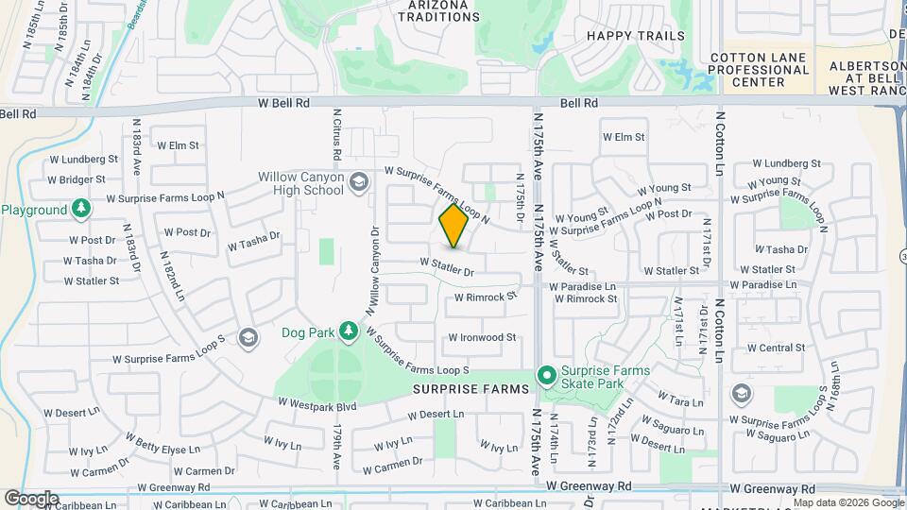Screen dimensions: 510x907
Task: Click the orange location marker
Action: coord(453,226)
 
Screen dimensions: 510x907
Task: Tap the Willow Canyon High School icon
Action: coord(358,181)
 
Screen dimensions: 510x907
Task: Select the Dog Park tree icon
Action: coord(349,331)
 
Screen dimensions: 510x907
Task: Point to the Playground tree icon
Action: coord(82,208)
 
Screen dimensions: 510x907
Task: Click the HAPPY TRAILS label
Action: coord(636,36)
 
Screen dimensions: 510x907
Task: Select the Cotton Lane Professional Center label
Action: coord(760,70)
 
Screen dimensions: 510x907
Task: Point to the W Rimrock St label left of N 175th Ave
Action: coord(487,297)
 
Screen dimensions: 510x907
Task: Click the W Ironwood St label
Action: coord(482,337)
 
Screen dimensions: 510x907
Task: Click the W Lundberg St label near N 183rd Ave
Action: coord(86,160)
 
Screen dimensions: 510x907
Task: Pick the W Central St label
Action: coord(776,348)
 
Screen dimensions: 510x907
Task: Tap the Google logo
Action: coord(31,498)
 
